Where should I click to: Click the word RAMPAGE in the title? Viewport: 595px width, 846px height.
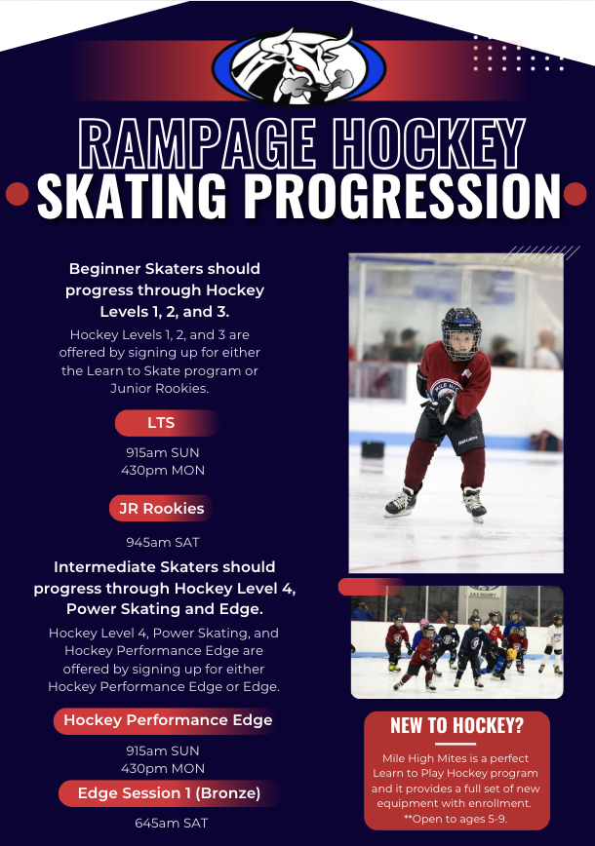pos(197,143)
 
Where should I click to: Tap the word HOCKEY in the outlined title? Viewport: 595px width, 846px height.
pos(429,143)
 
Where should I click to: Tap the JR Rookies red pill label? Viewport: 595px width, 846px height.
pos(162,508)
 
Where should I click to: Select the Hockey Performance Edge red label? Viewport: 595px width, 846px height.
pos(167,720)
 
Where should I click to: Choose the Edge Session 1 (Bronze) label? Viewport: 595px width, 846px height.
pos(169,793)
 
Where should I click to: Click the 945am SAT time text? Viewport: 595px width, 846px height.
pos(163,542)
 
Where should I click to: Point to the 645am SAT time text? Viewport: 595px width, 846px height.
pos(171,823)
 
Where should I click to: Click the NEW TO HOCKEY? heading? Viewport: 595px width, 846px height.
pos(456,726)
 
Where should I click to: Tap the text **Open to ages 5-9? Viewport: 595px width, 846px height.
pos(456,819)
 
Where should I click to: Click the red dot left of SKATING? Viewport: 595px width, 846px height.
pos(18,194)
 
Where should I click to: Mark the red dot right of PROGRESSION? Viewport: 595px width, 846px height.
pos(575,194)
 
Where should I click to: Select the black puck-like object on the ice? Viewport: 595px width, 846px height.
pos(373,449)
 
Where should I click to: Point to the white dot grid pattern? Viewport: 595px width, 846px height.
pos(518,54)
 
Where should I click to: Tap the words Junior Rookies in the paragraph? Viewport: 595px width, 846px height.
pos(159,389)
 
